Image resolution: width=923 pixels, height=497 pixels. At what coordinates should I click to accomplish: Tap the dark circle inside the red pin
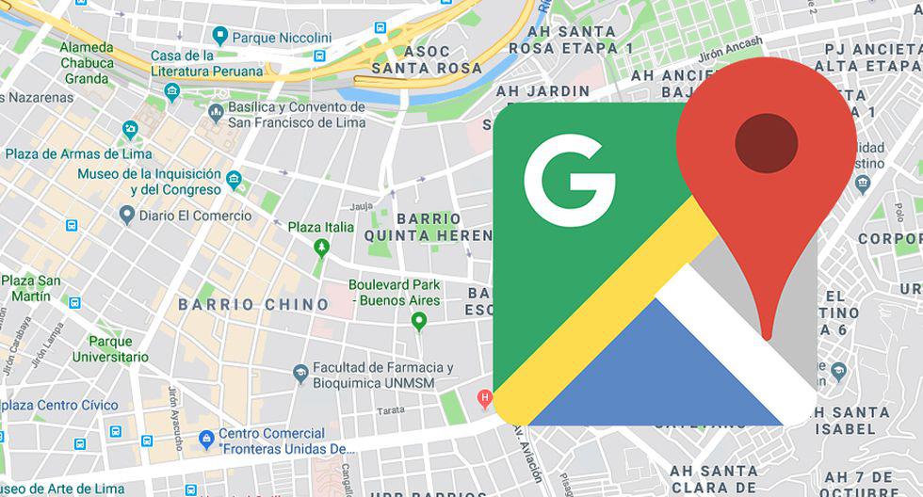766,143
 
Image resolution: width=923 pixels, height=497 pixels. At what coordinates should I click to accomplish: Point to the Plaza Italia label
321,227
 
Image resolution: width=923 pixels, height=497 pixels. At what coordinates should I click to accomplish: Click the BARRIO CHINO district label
253,304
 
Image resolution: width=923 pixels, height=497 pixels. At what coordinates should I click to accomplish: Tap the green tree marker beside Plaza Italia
321,247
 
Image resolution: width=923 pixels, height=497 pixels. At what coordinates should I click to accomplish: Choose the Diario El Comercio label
196,216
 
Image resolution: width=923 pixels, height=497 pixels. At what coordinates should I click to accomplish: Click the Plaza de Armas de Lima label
77,153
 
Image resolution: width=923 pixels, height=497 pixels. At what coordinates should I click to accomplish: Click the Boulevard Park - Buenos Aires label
395,292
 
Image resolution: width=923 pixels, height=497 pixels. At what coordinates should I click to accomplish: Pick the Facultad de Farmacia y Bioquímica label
383,376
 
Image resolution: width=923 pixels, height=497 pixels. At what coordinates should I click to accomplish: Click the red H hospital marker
485,398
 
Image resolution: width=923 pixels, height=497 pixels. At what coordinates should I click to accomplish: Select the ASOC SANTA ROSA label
427,59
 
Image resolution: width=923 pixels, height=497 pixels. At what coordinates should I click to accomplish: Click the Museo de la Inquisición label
150,182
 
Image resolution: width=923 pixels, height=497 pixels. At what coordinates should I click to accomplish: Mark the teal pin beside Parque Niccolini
220,36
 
